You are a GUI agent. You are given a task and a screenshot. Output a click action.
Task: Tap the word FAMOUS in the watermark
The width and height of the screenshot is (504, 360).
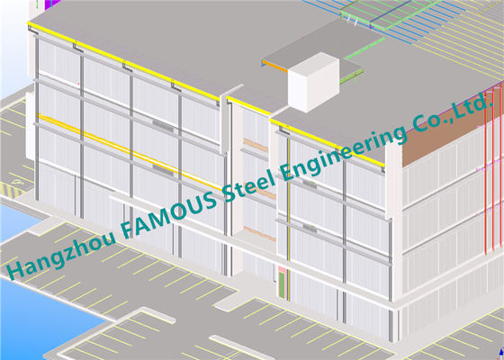click(169, 211)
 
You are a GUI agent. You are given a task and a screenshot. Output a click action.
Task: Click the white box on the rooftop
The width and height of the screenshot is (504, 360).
click(313, 82)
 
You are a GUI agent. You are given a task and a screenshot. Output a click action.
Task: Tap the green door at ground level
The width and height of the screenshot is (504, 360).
click(282, 284)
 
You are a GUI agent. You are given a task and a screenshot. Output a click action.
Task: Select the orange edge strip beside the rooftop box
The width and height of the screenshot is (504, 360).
click(274, 66)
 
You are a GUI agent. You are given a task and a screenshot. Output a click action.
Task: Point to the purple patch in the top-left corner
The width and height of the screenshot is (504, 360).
click(51, 4)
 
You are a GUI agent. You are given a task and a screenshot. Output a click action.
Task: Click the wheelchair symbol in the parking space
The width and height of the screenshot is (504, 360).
click(15, 182)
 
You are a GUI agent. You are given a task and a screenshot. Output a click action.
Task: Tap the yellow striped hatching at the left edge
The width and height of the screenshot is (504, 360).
click(11, 190)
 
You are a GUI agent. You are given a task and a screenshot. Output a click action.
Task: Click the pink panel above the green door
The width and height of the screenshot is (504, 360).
click(282, 269)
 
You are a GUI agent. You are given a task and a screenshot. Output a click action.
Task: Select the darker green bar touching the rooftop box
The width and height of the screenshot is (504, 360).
click(351, 76)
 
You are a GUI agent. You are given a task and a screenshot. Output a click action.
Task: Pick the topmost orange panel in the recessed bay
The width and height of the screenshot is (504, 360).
click(256, 145)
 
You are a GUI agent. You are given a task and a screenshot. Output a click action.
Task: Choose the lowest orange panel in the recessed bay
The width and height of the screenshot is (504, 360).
click(260, 234)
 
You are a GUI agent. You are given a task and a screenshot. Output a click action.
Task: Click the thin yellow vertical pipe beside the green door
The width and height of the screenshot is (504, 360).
click(288, 219)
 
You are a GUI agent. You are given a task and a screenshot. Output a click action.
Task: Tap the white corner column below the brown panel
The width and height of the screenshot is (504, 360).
click(394, 225)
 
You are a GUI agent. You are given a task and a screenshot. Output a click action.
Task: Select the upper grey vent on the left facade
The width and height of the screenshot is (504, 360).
click(163, 126)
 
